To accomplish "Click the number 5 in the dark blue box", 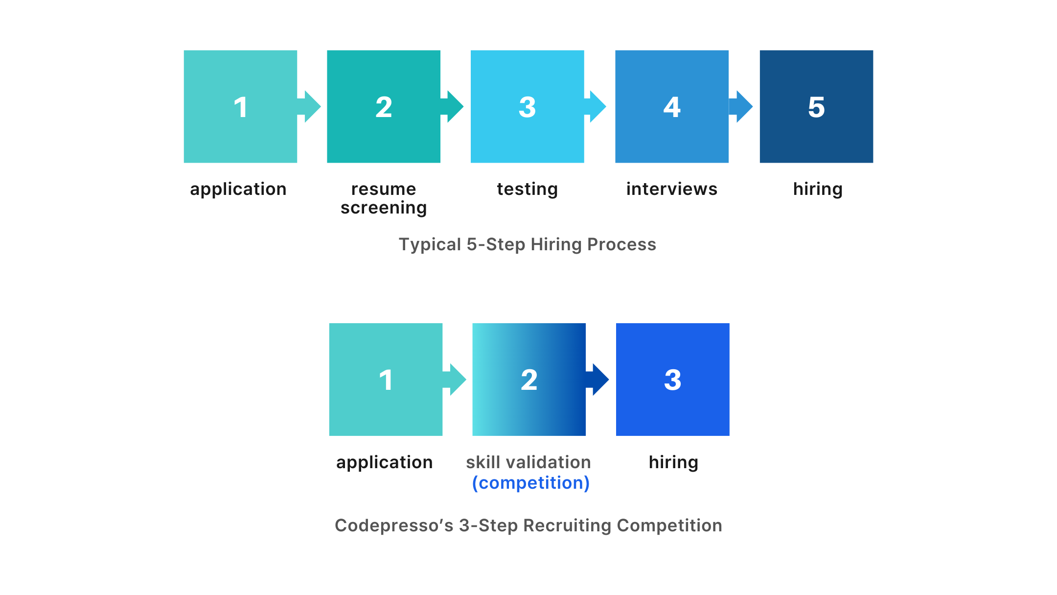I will point(816,107).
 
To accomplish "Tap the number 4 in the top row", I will point(672,107).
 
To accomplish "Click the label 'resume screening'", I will point(384,198).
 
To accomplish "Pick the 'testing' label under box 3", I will point(527,189).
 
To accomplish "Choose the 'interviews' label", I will point(671,189).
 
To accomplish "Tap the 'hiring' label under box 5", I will point(818,189).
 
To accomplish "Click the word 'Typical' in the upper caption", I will point(430,244).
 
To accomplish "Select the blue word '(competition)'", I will point(530,483).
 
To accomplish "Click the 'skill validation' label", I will point(528,462).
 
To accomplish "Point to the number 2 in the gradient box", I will point(529,380).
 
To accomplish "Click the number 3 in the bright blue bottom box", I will point(672,380).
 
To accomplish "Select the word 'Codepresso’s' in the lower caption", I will point(394,525).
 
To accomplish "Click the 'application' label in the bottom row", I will point(384,462).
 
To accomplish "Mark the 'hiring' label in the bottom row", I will point(673,462).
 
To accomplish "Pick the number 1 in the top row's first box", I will point(240,107).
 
